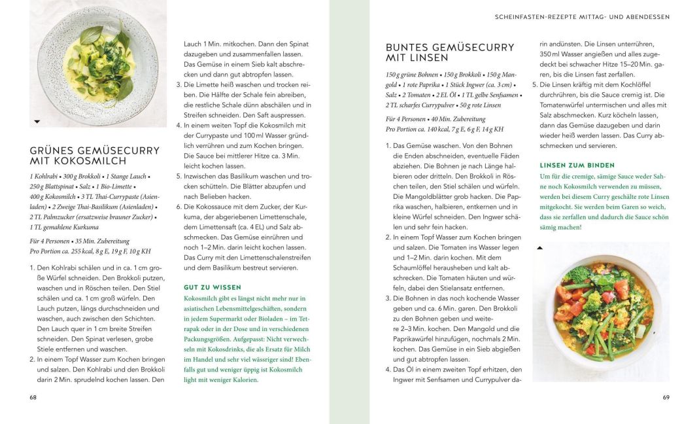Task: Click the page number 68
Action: (33, 397)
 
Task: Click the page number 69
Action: (666, 397)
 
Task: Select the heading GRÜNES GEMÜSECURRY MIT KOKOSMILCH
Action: (94, 156)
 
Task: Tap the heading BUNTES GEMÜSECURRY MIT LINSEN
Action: (450, 52)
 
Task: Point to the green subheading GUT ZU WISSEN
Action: (213, 287)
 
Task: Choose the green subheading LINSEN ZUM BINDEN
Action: (577, 166)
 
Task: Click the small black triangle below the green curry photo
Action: (37, 122)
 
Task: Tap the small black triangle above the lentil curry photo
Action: (539, 248)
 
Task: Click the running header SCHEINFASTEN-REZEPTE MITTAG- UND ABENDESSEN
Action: (582, 17)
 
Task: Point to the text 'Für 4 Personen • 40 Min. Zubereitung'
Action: (435, 119)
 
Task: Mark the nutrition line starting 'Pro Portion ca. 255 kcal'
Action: (90, 251)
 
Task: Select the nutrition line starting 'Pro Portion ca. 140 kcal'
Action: (445, 129)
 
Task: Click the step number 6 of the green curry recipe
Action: (179, 206)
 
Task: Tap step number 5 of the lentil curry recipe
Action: (534, 84)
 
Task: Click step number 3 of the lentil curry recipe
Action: (388, 298)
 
